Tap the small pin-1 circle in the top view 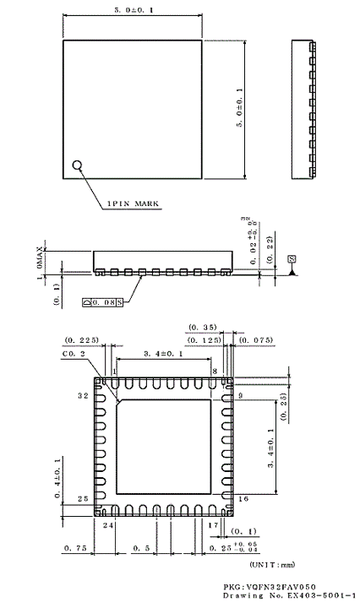(78, 166)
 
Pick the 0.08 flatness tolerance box (103, 300)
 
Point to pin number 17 (215, 525)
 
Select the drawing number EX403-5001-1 (280, 596)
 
